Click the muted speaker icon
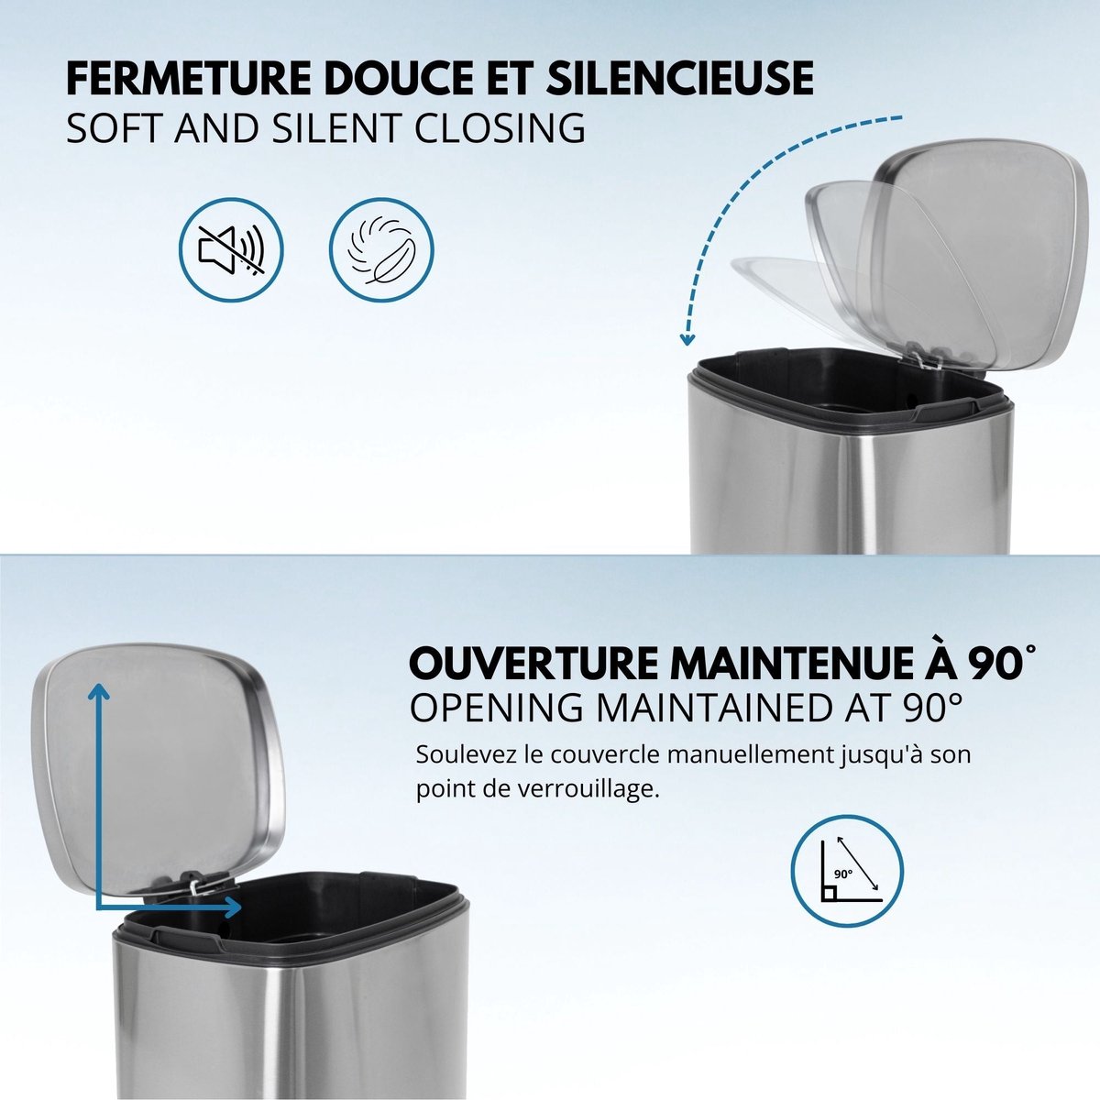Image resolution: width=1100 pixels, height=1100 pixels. click(x=231, y=250)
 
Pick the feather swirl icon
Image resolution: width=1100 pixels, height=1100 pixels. click(x=381, y=250)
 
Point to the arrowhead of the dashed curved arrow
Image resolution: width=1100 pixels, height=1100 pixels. click(x=687, y=339)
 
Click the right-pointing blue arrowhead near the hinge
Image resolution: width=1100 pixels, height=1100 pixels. click(x=233, y=907)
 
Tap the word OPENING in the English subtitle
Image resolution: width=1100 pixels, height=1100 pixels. click(x=497, y=707)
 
